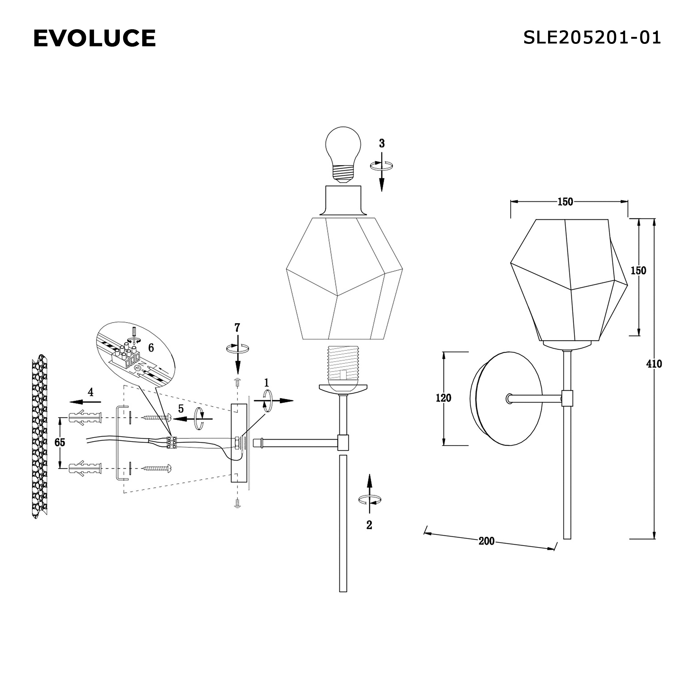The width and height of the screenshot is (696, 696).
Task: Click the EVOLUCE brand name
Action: (94, 38)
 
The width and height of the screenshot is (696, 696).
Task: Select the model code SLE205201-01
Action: (592, 38)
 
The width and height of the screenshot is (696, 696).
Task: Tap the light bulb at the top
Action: (343, 155)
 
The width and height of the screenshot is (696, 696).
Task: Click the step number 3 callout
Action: (381, 143)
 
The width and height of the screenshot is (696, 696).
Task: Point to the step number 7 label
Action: (237, 327)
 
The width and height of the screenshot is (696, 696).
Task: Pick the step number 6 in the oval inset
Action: (151, 348)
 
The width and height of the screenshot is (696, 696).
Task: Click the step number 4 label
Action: (90, 392)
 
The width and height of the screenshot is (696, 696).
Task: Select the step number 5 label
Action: (181, 409)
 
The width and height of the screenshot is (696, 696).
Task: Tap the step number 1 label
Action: (266, 382)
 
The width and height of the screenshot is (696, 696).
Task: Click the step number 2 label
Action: (369, 525)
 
